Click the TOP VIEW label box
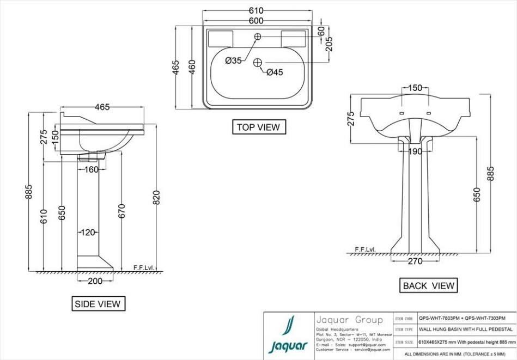coord(258,127)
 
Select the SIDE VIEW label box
coord(99,304)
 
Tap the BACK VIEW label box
coord(428,285)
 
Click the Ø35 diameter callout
coord(233,61)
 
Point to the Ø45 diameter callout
coord(275,72)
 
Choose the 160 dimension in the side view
coord(91,169)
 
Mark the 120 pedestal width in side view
coord(88,233)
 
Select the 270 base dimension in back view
coord(415,261)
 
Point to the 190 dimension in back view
coord(415,152)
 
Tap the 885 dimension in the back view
coord(490,173)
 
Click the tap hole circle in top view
coord(258,36)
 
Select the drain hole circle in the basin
coord(258,62)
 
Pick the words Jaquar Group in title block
coord(349,320)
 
